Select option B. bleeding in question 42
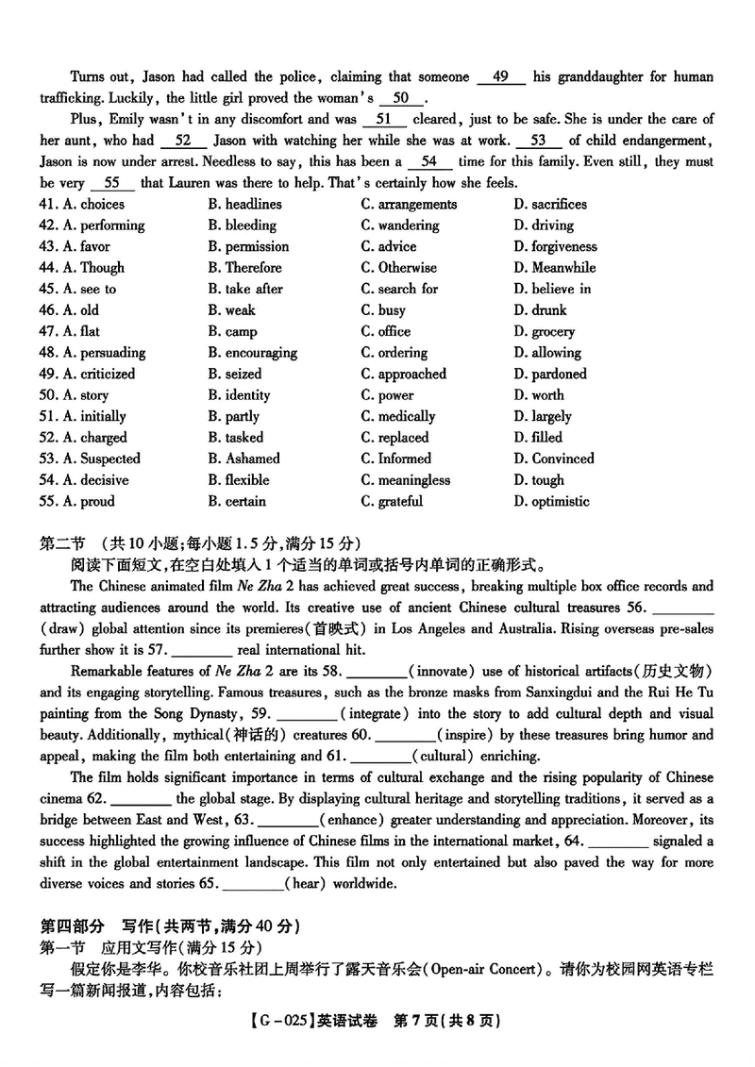click(x=243, y=225)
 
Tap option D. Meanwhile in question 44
click(x=555, y=268)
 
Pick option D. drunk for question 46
click(x=541, y=310)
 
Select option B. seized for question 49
click(x=235, y=374)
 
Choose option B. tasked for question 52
click(x=236, y=438)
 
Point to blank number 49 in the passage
click(x=501, y=77)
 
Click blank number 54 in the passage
click(x=429, y=161)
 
